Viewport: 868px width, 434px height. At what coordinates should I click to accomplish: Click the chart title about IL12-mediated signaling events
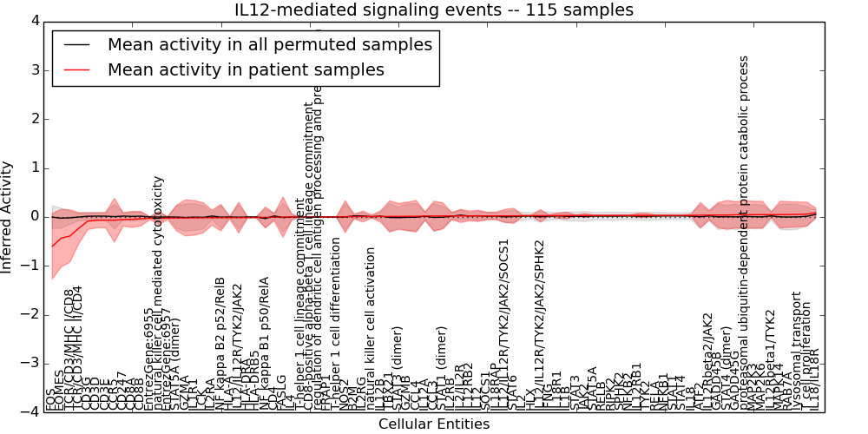click(433, 10)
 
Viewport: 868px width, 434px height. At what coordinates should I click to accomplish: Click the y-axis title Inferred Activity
click(8, 216)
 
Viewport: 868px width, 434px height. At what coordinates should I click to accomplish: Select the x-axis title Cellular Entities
click(433, 424)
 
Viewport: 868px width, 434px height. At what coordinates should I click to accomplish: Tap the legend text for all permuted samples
click(269, 44)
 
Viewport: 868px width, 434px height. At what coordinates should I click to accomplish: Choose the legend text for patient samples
click(246, 69)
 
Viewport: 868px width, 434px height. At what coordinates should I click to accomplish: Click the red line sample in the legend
click(76, 69)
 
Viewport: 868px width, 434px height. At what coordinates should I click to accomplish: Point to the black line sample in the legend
click(76, 44)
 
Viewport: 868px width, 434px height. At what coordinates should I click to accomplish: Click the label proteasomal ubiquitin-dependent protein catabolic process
click(744, 234)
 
